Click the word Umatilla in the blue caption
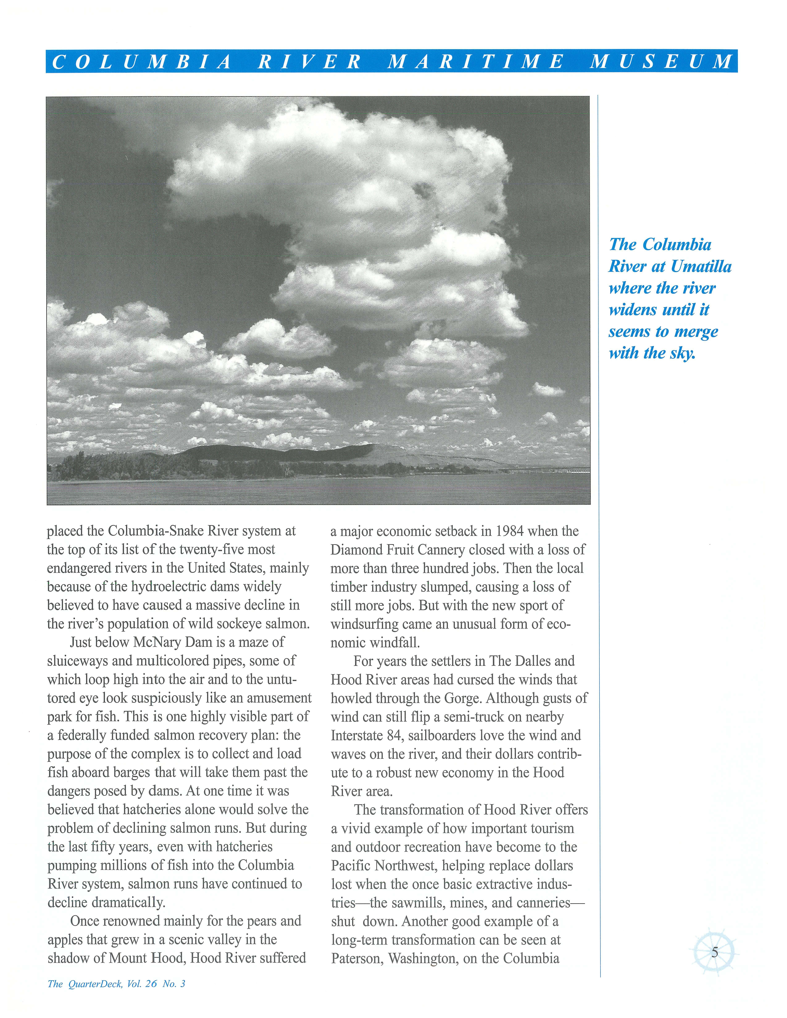[x=701, y=267]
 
